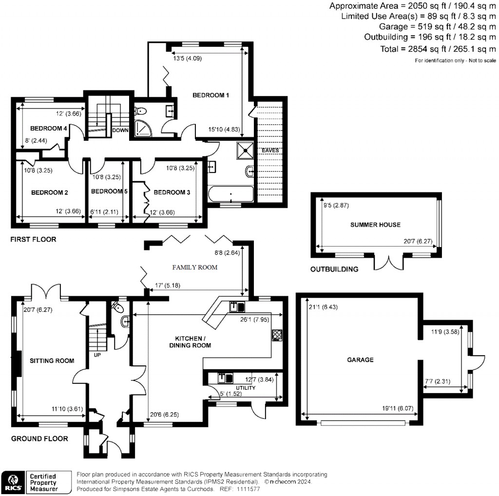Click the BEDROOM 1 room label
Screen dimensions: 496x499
pos(211,95)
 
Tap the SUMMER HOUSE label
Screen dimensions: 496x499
pos(375,225)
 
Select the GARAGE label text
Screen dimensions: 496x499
pos(360,360)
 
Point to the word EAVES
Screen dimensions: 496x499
pos(270,150)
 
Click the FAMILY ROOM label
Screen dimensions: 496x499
pos(194,267)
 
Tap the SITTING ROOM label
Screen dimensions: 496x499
pos(52,361)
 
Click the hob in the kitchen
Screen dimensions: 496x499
pos(277,334)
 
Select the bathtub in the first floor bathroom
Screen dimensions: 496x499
pos(230,195)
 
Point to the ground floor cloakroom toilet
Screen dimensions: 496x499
pos(117,307)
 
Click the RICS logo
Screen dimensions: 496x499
pos(13,481)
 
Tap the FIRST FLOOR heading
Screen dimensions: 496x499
pos(34,239)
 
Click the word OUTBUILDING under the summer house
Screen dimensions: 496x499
pos(334,269)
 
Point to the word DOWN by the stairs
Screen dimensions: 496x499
pos(120,130)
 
